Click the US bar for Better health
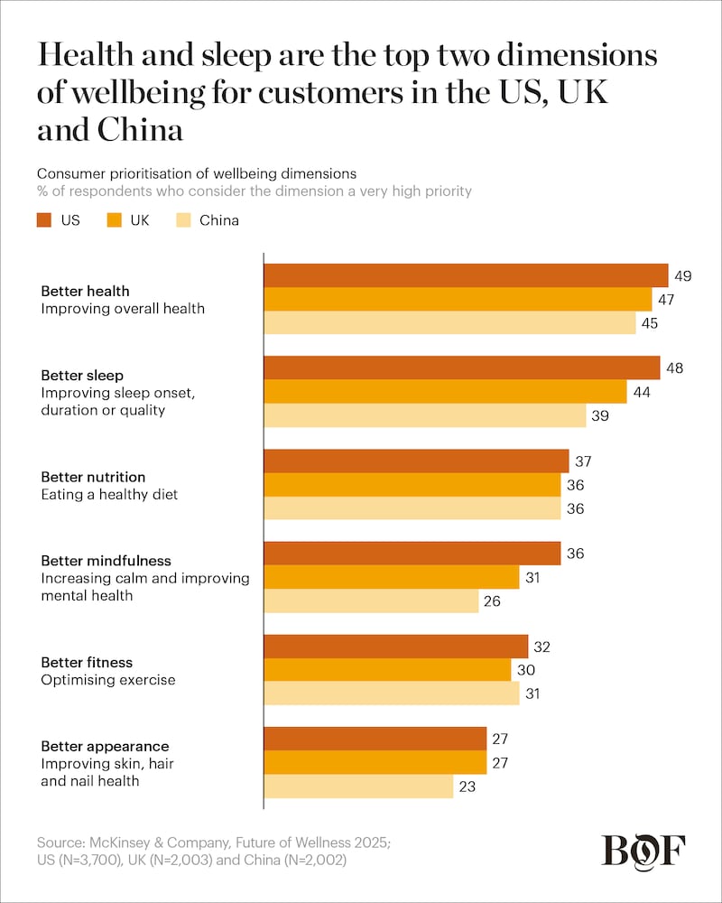[x=465, y=275]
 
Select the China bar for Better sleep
[x=424, y=415]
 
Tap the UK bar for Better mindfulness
[x=391, y=577]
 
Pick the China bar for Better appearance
[x=357, y=787]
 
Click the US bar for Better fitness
[x=395, y=647]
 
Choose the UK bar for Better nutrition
[x=412, y=485]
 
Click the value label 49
[x=683, y=275]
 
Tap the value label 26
[x=493, y=600]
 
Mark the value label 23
[x=467, y=787]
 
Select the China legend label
[x=219, y=219]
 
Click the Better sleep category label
[x=82, y=375]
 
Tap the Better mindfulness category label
[x=106, y=561]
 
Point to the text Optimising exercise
[x=108, y=679]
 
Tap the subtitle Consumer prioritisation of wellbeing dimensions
[x=197, y=173]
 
